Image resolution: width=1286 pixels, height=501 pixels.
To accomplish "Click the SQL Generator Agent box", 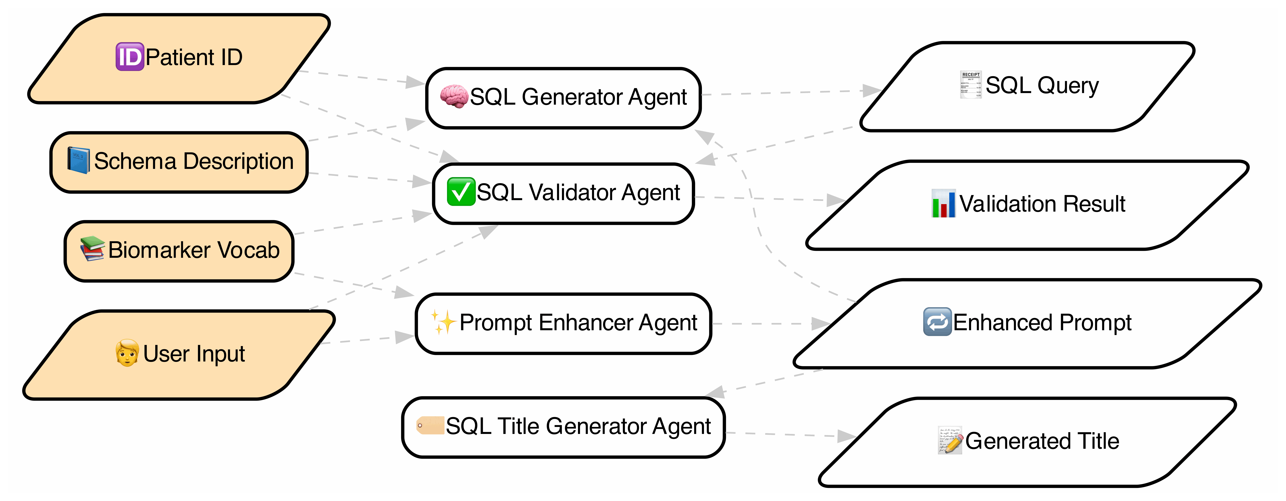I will point(563,98).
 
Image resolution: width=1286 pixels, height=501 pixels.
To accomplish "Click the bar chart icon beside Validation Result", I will point(943,204).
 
